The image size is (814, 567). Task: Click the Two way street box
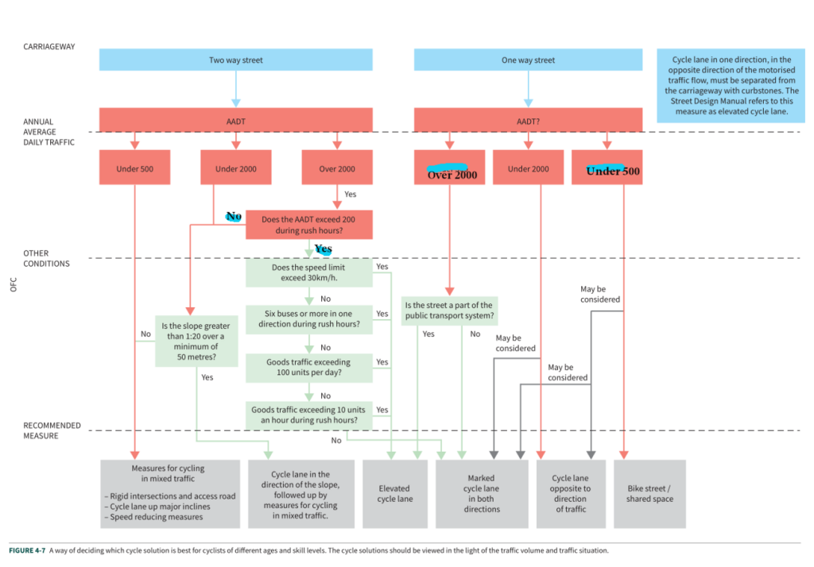click(235, 60)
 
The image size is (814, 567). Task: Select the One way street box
click(528, 60)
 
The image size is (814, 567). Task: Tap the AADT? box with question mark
click(528, 121)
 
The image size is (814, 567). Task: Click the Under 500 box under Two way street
click(134, 168)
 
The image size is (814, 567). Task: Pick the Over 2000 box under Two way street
click(337, 168)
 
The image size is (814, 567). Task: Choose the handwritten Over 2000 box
click(450, 168)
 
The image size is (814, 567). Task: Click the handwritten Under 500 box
click(607, 168)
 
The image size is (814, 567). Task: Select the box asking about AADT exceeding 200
click(309, 225)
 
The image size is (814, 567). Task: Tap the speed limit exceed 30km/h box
click(309, 273)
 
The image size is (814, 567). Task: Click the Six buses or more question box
click(309, 319)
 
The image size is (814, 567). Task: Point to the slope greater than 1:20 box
click(196, 341)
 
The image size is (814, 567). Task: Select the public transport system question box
click(449, 310)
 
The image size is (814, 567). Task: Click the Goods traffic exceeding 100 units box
click(309, 368)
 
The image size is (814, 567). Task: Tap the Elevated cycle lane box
click(394, 494)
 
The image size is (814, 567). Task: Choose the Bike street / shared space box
click(649, 494)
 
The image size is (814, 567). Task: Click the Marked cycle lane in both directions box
click(482, 494)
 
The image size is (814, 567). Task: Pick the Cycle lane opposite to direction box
click(571, 494)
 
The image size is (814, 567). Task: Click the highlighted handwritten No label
click(234, 216)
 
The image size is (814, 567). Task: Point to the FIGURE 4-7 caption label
click(27, 550)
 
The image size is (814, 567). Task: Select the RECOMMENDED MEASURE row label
click(52, 430)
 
